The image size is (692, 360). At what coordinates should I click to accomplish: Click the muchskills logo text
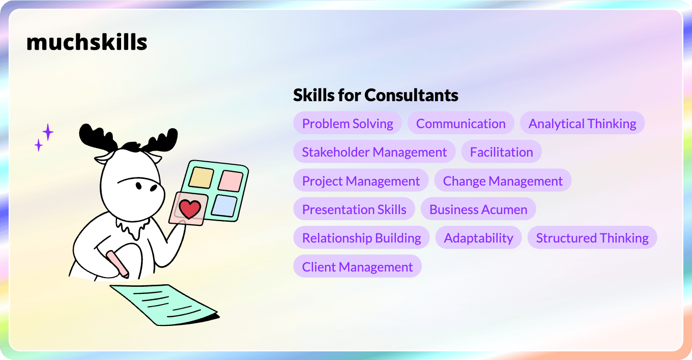click(87, 42)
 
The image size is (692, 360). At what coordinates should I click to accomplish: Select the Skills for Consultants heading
click(376, 95)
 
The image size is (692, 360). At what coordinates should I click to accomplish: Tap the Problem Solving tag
click(348, 123)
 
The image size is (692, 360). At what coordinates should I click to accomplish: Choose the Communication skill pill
click(460, 123)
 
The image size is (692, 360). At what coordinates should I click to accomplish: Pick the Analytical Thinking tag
click(582, 123)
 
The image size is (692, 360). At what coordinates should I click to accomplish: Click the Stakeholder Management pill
click(374, 152)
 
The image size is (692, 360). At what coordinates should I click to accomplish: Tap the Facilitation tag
click(501, 152)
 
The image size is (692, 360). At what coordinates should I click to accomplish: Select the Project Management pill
click(361, 181)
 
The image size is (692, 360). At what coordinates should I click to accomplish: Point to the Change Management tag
click(503, 181)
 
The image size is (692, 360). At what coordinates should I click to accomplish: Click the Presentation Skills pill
click(354, 209)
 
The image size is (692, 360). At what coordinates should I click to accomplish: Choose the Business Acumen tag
click(478, 209)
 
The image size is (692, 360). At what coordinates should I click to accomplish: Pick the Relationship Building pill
click(361, 238)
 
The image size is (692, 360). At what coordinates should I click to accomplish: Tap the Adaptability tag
click(478, 238)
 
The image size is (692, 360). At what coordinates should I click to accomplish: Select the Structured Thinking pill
click(592, 238)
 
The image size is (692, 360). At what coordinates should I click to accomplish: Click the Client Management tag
click(357, 266)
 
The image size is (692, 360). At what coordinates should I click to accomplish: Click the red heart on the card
click(190, 209)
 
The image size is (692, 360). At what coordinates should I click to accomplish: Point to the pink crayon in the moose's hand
click(118, 264)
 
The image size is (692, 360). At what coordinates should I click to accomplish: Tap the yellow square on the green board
click(201, 177)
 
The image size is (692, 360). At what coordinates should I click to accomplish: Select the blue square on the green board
click(224, 205)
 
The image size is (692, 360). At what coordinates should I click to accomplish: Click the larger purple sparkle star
click(48, 132)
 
